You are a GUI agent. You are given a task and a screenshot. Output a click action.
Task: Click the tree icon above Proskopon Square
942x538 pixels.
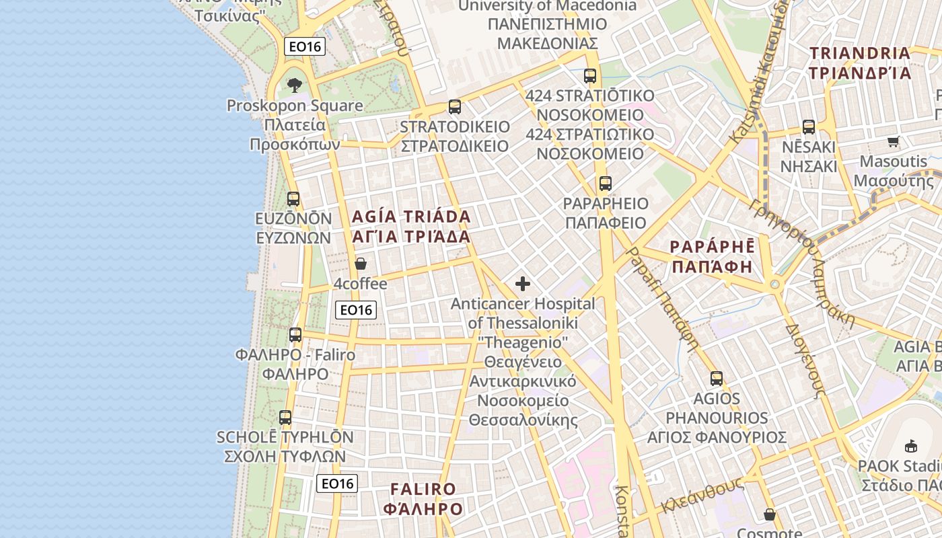pyautogui.click(x=294, y=85)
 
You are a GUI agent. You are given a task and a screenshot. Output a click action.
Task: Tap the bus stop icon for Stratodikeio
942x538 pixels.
pyautogui.click(x=455, y=107)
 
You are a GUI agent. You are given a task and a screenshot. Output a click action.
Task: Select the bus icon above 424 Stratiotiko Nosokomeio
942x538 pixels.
pyautogui.click(x=590, y=76)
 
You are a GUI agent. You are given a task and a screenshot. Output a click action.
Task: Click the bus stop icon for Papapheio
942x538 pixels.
pyautogui.click(x=606, y=183)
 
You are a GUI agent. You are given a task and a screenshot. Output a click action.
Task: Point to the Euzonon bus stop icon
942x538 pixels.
pyautogui.click(x=293, y=198)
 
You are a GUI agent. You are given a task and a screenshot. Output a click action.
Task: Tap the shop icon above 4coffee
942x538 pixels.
pyautogui.click(x=361, y=264)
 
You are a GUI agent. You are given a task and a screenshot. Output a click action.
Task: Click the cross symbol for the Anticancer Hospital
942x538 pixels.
pyautogui.click(x=523, y=284)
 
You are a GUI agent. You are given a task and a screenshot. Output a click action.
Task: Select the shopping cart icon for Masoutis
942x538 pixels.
pyautogui.click(x=893, y=141)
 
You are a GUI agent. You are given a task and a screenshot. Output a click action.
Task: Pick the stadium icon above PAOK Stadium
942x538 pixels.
pyautogui.click(x=911, y=445)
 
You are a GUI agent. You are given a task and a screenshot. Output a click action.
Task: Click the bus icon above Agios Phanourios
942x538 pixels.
pyautogui.click(x=717, y=378)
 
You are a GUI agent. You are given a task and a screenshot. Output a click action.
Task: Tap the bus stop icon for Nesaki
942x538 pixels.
pyautogui.click(x=809, y=126)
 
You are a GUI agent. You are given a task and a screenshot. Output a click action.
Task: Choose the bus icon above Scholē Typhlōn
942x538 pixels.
pyautogui.click(x=285, y=417)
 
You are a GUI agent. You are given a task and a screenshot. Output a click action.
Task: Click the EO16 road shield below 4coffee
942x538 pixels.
pyautogui.click(x=356, y=310)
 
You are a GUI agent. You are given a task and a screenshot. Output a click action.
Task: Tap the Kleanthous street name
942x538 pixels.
pyautogui.click(x=702, y=496)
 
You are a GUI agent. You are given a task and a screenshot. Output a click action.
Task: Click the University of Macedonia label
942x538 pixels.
pyautogui.click(x=546, y=6)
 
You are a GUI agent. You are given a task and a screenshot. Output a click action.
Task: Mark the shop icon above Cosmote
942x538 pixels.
pyautogui.click(x=770, y=515)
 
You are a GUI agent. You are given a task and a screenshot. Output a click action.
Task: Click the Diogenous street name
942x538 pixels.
pyautogui.click(x=805, y=361)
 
